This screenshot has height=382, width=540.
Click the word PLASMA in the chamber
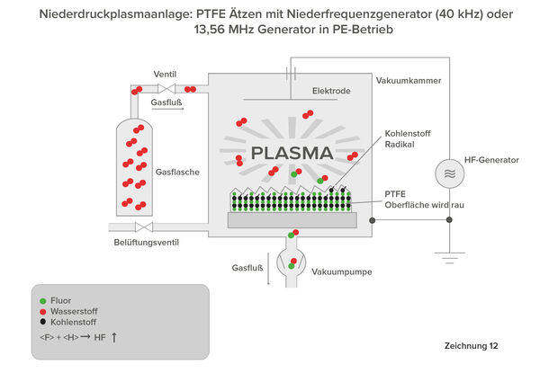coord(292,154)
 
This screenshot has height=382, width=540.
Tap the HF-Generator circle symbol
coord(449,173)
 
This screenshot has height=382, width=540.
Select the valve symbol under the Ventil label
coord(166,89)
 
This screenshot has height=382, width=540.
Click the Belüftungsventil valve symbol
coord(144,227)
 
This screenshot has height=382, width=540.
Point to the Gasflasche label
coord(177,172)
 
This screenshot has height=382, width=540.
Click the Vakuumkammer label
coord(409,81)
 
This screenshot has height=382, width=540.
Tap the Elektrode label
coord(331,91)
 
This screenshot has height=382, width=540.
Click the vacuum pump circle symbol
coord(291,263)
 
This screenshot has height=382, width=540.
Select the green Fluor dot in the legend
coord(42,301)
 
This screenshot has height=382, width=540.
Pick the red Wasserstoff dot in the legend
coord(42,312)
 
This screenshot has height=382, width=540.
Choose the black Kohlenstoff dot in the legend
coord(42,322)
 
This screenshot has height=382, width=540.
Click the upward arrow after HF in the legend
coord(114,338)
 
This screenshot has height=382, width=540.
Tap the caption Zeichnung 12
coord(471,346)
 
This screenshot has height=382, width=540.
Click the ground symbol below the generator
coord(449,258)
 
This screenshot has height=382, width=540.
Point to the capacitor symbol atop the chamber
coord(291,73)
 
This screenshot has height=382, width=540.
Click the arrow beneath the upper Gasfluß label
coord(167,109)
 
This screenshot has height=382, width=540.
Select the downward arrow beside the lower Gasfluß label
coord(268,269)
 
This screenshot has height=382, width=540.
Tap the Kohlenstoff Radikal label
coord(408,139)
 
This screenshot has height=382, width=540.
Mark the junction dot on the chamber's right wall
coord(372,220)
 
